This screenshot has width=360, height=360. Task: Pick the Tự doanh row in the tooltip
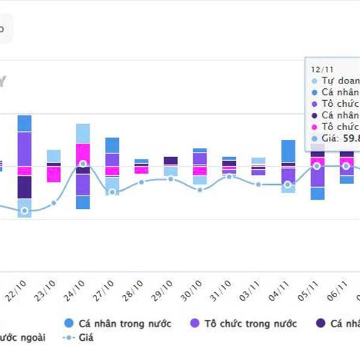tap(339, 80)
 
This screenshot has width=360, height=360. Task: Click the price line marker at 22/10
tap(25, 211)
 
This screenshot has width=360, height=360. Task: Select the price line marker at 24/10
tap(83, 164)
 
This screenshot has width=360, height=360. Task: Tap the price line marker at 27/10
tap(112, 192)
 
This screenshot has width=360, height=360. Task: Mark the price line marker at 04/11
tap(288, 185)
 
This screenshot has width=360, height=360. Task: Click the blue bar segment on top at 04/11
tap(288, 151)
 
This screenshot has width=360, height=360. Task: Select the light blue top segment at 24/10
tap(83, 133)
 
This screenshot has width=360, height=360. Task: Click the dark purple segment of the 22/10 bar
tap(25, 187)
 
